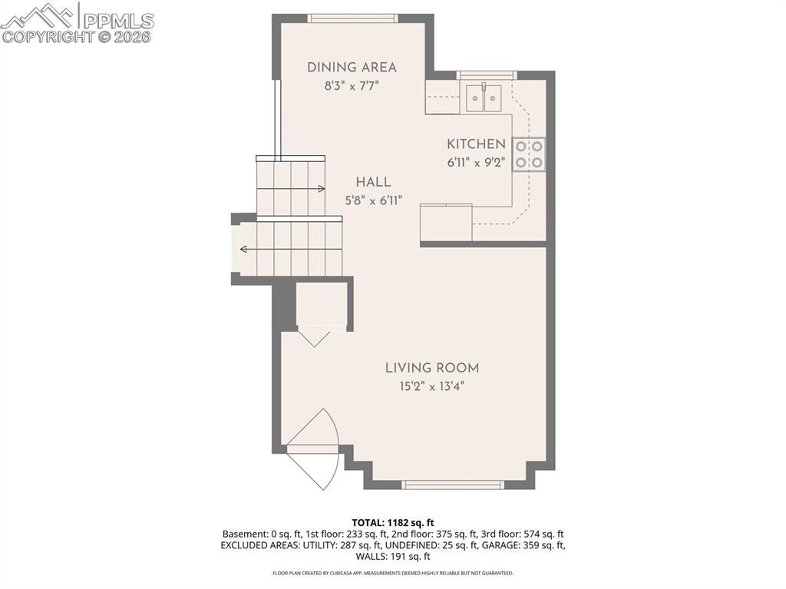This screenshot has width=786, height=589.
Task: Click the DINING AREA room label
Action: point(352,68)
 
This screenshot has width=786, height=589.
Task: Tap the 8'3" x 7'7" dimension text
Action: point(352,86)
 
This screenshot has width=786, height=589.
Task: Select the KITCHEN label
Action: point(476,144)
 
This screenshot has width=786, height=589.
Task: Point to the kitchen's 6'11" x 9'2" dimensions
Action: point(476,163)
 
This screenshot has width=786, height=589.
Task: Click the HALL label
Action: point(374,182)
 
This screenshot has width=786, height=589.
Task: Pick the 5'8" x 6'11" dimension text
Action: point(374,200)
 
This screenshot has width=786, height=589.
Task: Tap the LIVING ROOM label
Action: point(432,368)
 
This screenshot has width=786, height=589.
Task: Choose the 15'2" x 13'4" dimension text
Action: point(432,386)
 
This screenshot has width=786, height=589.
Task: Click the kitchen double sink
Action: point(484,98)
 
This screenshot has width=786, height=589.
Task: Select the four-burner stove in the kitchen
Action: point(529,154)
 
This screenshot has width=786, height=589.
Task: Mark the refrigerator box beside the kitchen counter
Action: point(446,222)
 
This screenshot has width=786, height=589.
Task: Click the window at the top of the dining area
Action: point(353,18)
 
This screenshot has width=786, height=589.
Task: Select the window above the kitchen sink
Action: point(486,75)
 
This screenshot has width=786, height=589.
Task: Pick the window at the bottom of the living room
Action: point(453,485)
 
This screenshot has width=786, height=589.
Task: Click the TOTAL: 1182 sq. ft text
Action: point(392,523)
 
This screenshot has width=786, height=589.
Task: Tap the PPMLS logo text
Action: point(118,21)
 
